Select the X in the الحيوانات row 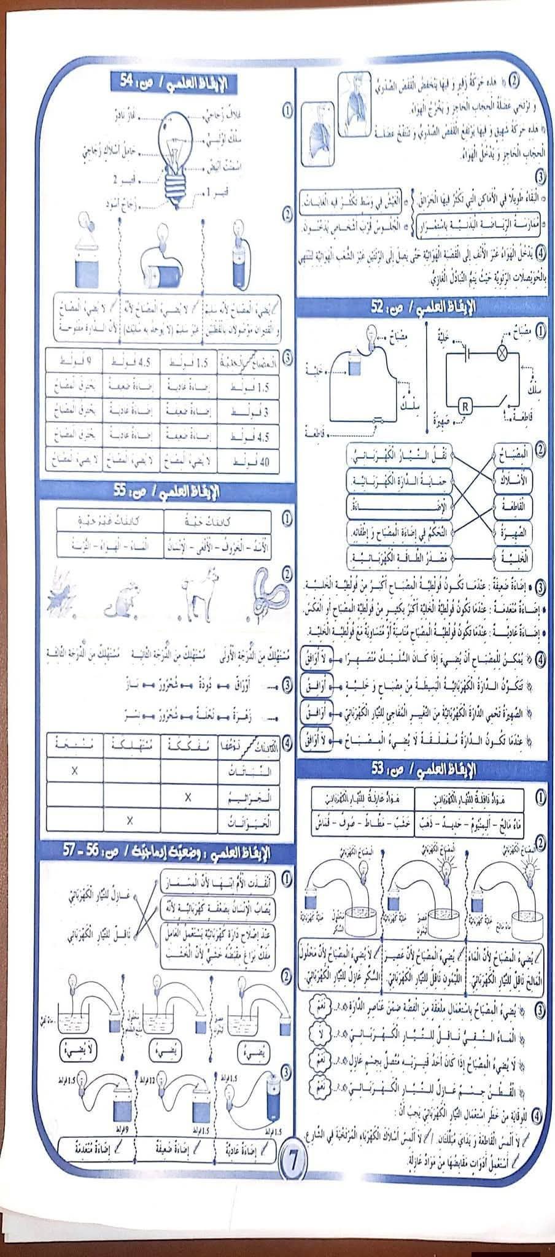tap(130, 820)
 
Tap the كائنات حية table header tap(218, 522)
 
